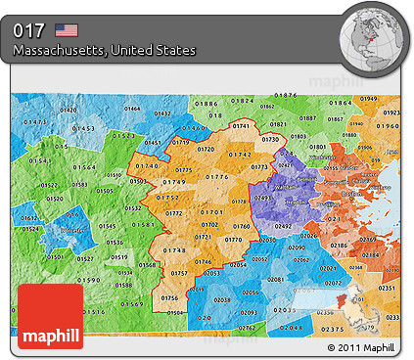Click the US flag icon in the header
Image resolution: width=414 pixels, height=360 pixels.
tap(67, 29)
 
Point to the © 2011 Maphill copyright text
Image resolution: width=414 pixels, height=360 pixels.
tap(362, 347)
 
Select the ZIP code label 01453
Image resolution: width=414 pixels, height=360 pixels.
tap(83, 129)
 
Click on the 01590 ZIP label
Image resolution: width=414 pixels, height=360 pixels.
tap(89, 280)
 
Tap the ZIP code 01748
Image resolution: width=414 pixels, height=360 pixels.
tap(176, 249)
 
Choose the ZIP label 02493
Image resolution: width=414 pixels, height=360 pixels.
tap(262, 199)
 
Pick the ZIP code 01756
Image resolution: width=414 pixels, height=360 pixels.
tap(169, 297)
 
